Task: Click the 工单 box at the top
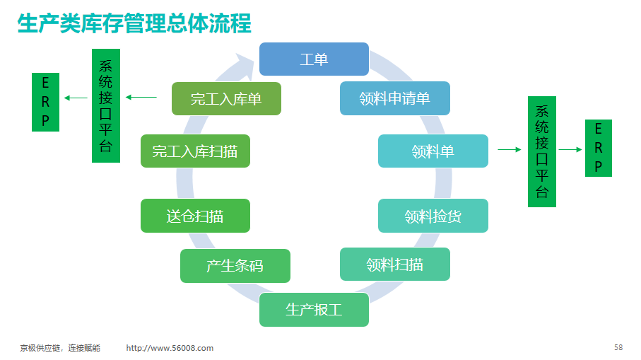[314, 59]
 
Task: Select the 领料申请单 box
[395, 98]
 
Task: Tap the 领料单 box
[433, 151]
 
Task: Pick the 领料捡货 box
[433, 216]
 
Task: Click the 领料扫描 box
[395, 265]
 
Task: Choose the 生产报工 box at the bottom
[314, 310]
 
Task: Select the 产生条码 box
[235, 266]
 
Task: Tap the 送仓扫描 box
[195, 216]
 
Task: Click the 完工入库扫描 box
[195, 151]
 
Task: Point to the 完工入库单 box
[226, 98]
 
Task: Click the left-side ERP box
[45, 103]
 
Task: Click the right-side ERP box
[599, 148]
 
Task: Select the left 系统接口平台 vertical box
[106, 105]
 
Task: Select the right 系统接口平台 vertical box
[542, 152]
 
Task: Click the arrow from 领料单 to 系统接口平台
[510, 150]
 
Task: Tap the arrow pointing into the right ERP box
[570, 150]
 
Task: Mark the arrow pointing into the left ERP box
[76, 98]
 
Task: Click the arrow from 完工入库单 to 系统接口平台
[141, 98]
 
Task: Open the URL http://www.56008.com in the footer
[170, 348]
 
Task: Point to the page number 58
[618, 347]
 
